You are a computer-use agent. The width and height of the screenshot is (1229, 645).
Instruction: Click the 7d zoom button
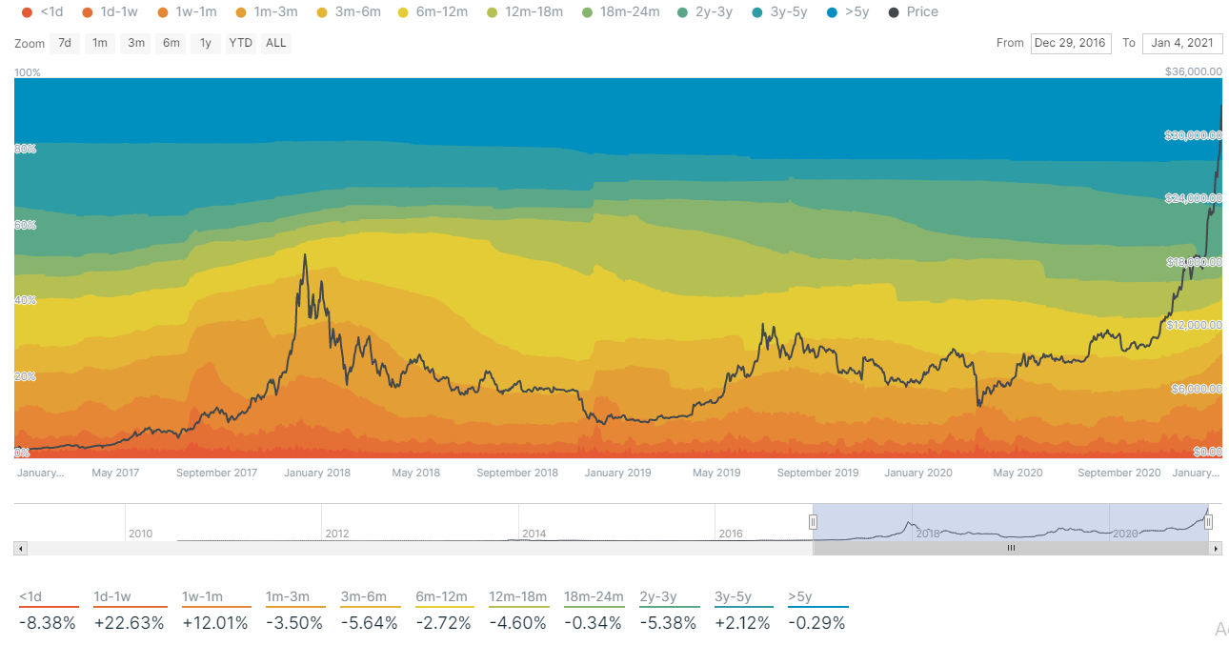64,43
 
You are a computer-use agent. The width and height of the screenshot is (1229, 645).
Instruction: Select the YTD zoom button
240,43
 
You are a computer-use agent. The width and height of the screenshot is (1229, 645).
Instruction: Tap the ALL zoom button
275,43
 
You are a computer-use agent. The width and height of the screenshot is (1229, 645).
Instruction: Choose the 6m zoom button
171,43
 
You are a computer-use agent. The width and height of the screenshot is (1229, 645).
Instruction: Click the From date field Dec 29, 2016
1071,43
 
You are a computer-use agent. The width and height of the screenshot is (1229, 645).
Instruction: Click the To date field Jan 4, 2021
1182,43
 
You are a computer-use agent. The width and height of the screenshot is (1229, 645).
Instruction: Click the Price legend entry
913,12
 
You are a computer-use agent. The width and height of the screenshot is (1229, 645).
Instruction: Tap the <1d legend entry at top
44,12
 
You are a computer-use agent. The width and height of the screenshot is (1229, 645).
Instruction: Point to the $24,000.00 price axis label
1194,198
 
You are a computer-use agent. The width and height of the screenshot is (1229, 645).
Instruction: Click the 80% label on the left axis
26,149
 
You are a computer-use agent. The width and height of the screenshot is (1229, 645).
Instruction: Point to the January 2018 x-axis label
317,473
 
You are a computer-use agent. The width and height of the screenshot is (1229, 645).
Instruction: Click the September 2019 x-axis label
817,473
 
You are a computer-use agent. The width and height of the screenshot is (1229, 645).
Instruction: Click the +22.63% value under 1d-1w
129,623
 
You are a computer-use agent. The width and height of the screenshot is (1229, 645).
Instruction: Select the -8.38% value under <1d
47,623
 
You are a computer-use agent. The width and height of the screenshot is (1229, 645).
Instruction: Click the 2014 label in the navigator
534,534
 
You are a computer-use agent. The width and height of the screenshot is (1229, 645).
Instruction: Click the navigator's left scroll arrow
21,549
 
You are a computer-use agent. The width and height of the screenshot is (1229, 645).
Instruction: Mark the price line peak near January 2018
305,254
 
